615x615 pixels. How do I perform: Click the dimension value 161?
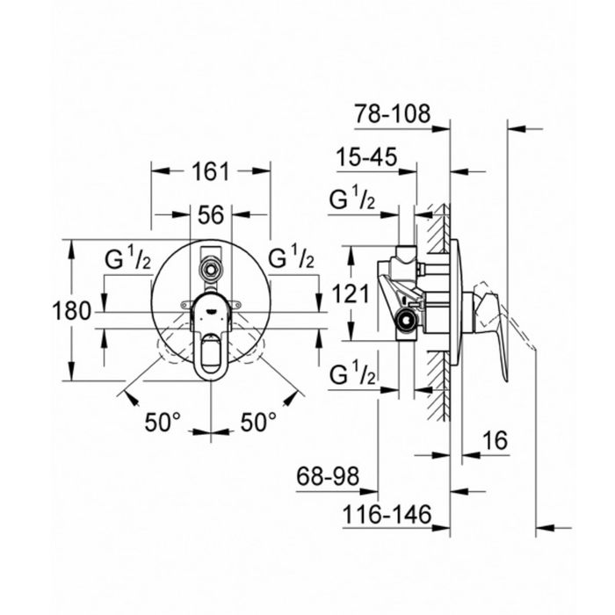(x=210, y=172)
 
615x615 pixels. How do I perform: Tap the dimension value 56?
(x=211, y=215)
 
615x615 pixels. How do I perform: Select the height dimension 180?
(x=71, y=311)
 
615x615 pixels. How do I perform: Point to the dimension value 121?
(x=351, y=293)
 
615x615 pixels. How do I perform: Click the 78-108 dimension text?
(x=393, y=113)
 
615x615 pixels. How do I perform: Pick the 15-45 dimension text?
(x=366, y=157)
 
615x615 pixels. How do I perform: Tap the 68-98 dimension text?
(x=328, y=476)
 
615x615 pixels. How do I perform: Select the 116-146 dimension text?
(x=387, y=514)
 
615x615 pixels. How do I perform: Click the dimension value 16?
(x=495, y=440)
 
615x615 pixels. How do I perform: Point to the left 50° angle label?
(x=163, y=422)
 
